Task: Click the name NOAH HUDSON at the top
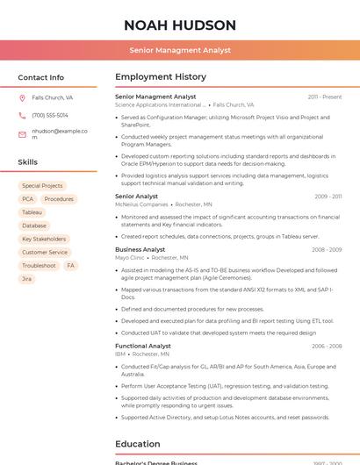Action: [x=180, y=25]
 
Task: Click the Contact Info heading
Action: [x=41, y=77]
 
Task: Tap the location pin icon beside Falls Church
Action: [x=22, y=98]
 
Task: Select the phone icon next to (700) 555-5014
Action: [x=22, y=116]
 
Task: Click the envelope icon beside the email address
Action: [x=22, y=133]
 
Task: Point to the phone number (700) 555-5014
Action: [x=50, y=116]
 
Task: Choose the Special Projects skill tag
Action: [x=42, y=186]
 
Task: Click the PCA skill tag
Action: [x=27, y=199]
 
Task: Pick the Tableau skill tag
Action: [x=32, y=212]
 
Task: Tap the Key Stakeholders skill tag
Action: [x=44, y=239]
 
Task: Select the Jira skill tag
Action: [x=26, y=279]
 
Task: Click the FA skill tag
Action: [x=70, y=265]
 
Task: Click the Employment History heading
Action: [x=161, y=77]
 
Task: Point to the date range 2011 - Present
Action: [x=325, y=97]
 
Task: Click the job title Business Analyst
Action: [x=140, y=249]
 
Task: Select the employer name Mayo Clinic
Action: [x=130, y=258]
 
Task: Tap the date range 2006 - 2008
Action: [x=327, y=347]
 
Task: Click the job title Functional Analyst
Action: [x=143, y=346]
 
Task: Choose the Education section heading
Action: [x=137, y=444]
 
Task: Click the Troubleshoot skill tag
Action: [x=39, y=265]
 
